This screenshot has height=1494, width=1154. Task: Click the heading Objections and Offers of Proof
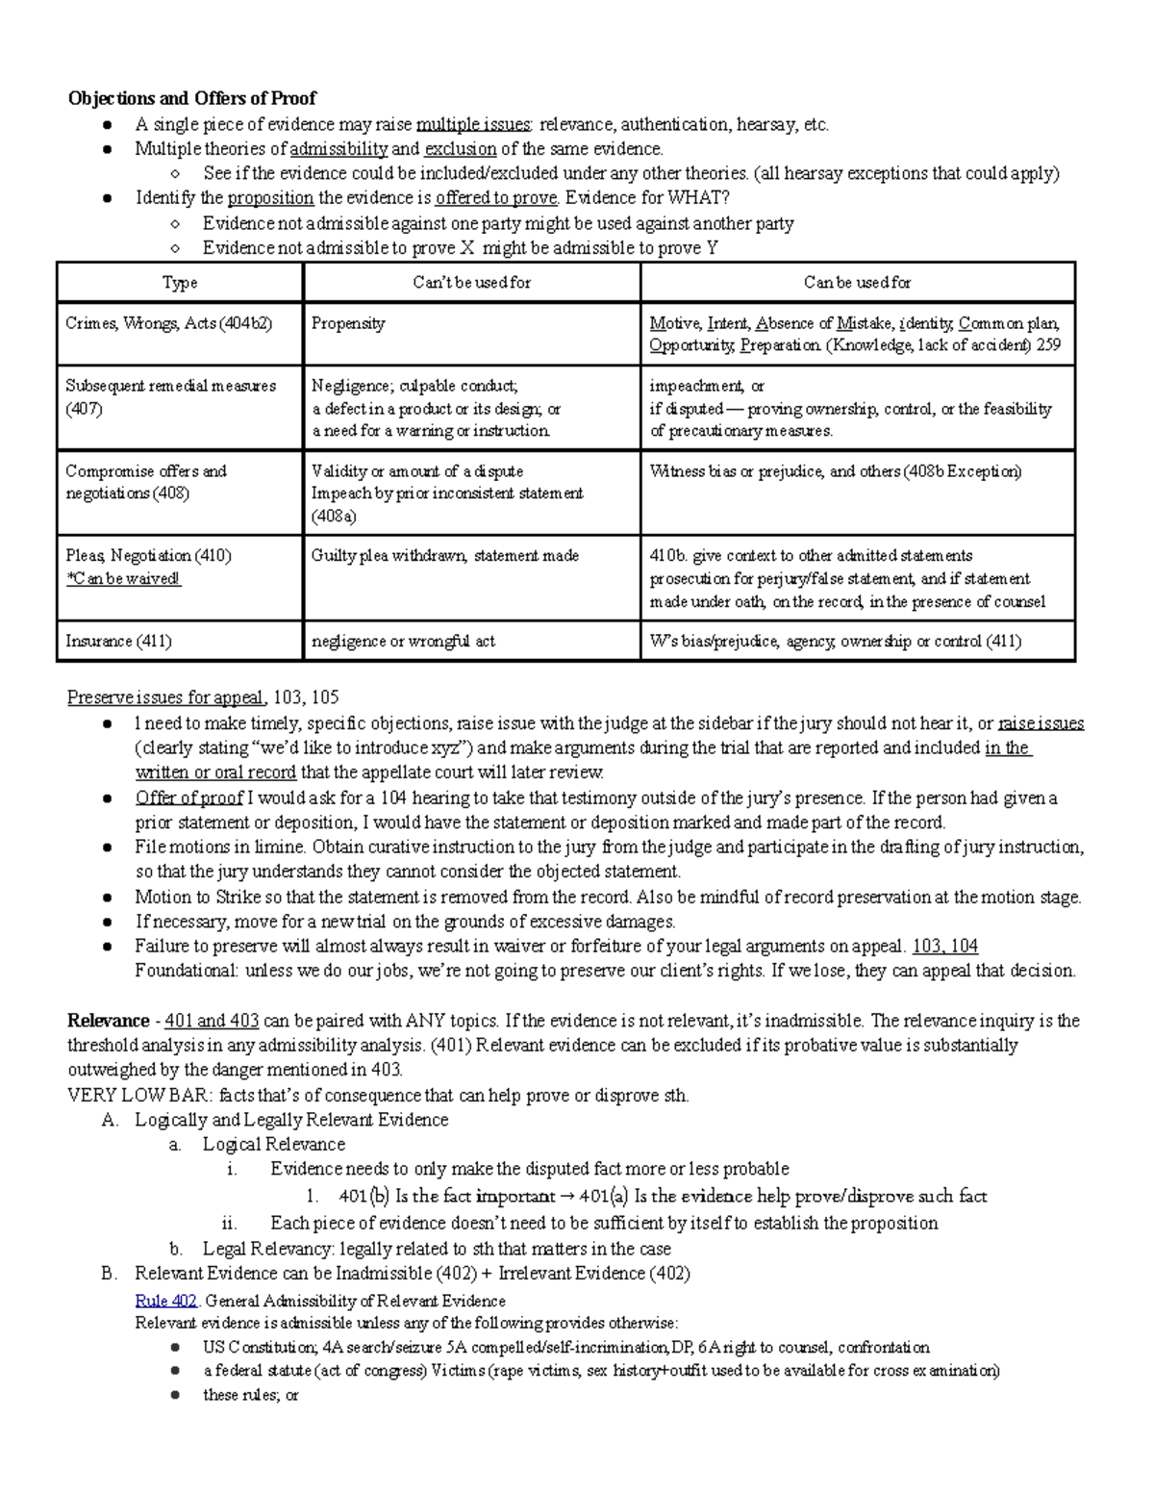pyautogui.click(x=191, y=98)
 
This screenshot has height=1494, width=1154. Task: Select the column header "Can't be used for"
pyautogui.click(x=471, y=282)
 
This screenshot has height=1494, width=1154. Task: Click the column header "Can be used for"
pyautogui.click(x=857, y=282)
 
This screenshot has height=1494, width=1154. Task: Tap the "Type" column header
pyautogui.click(x=180, y=282)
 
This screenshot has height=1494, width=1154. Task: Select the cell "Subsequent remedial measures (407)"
pyautogui.click(x=170, y=397)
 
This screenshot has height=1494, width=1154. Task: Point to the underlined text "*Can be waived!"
pyautogui.click(x=123, y=579)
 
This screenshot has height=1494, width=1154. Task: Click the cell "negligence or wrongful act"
pyautogui.click(x=403, y=641)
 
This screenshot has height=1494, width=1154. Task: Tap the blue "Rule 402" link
pyautogui.click(x=166, y=1301)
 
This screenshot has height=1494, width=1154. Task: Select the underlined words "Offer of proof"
pyautogui.click(x=188, y=798)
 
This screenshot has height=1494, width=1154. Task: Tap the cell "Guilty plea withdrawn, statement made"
pyautogui.click(x=444, y=556)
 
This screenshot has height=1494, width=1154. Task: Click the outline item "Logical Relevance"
pyautogui.click(x=273, y=1145)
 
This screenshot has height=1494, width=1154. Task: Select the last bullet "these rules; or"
pyautogui.click(x=251, y=1395)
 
